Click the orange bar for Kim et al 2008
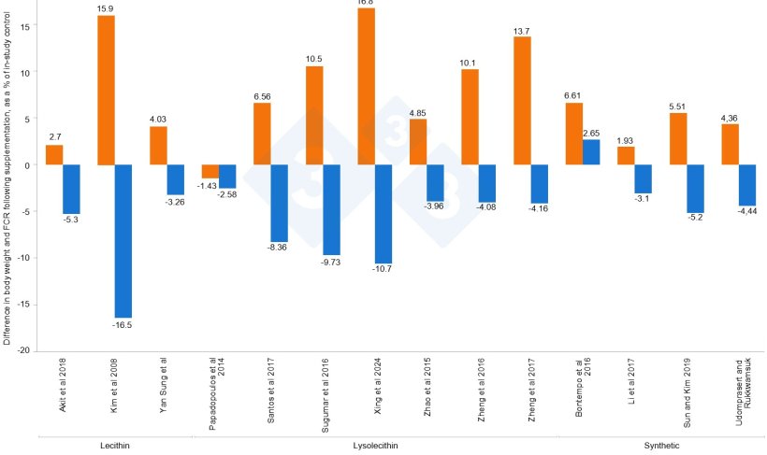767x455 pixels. tap(106, 90)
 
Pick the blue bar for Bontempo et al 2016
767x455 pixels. tap(591, 152)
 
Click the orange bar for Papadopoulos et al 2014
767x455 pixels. tap(210, 171)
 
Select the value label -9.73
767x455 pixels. tap(332, 262)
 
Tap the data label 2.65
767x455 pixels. tap(591, 133)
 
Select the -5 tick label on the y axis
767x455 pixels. tap(27, 212)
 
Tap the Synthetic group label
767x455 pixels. tap(661, 446)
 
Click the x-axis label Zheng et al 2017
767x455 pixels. tap(531, 393)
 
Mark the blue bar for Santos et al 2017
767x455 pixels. tap(279, 203)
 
